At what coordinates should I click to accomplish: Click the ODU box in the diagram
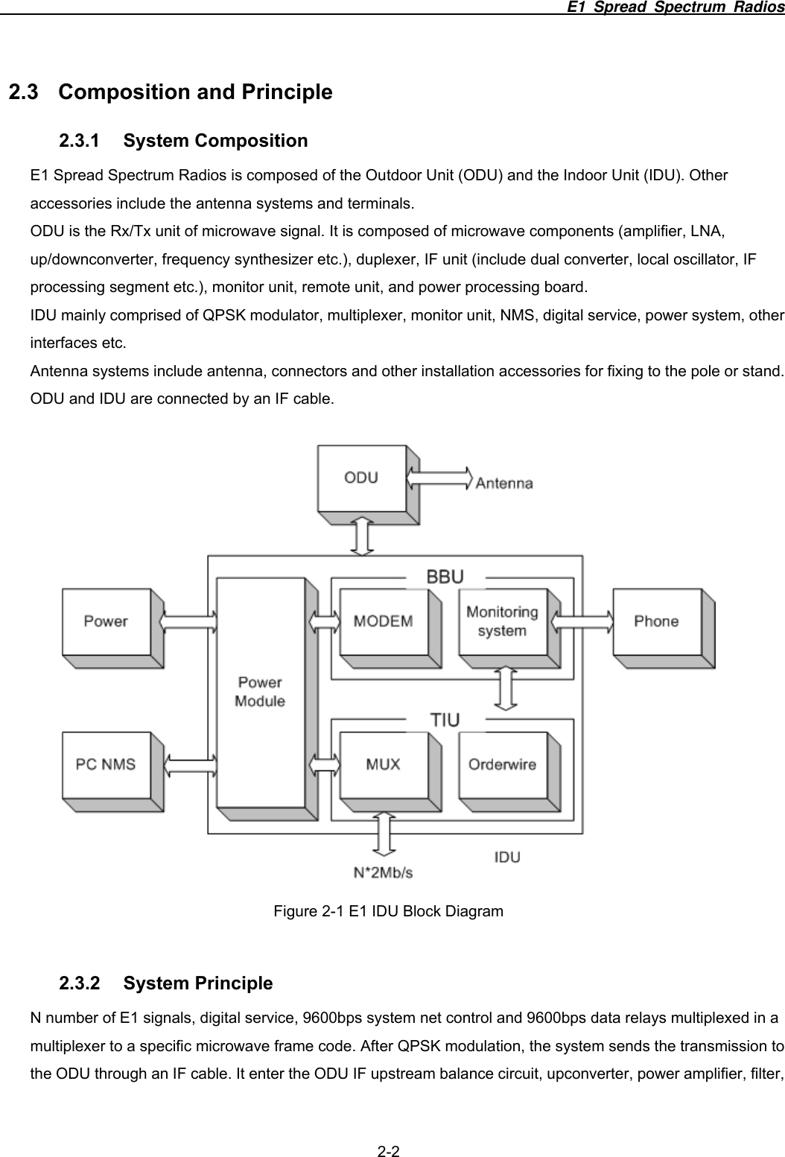coord(362,478)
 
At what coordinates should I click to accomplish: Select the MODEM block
coord(384,621)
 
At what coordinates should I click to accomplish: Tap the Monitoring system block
coord(502,621)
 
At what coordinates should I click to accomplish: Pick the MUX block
coord(384,764)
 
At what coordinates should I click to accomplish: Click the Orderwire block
coord(502,764)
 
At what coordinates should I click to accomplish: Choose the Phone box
coord(656,621)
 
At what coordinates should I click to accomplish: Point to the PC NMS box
coord(107,764)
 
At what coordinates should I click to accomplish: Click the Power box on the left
coord(106,621)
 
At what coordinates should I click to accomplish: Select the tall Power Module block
coord(260,692)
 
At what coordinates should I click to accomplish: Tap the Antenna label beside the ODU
coord(504,483)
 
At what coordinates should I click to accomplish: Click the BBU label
coord(445,577)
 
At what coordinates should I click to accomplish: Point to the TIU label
coord(445,720)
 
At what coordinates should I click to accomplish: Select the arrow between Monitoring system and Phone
coord(581,621)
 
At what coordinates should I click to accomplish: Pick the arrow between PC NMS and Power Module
coord(189,764)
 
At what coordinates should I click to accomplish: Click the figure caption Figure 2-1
coord(388,911)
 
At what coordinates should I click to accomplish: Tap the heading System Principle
coord(198,983)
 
